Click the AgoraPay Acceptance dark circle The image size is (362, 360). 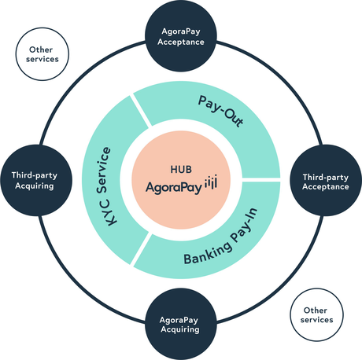click(x=181, y=35)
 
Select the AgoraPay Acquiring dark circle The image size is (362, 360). click(x=181, y=324)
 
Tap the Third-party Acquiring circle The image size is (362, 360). click(x=36, y=180)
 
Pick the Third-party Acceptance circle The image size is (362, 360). click(x=326, y=180)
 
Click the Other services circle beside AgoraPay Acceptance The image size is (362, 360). click(x=42, y=54)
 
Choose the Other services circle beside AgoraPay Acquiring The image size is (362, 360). click(x=317, y=314)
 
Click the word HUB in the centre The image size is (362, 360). click(x=181, y=169)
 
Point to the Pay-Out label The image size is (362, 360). click(x=220, y=112)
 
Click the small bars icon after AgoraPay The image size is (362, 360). click(x=211, y=182)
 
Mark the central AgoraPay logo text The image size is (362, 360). click(x=174, y=188)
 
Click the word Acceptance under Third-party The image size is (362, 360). click(x=326, y=186)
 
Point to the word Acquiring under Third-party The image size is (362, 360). click(x=35, y=186)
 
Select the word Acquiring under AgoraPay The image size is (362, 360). click(x=180, y=329)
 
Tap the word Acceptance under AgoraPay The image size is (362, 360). click(x=181, y=42)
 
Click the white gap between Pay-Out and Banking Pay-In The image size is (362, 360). click(x=260, y=180)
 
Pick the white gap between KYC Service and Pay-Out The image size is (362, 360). click(x=141, y=111)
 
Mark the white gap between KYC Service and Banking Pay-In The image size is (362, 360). click(x=141, y=249)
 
